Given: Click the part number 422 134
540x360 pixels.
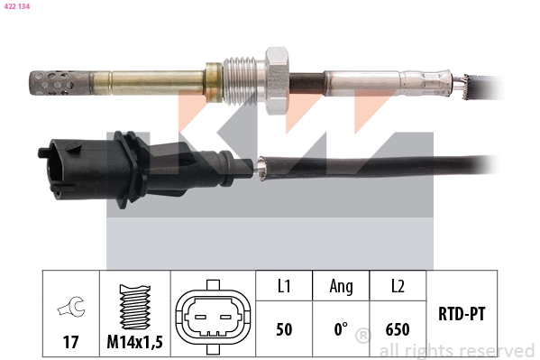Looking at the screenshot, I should (18, 5).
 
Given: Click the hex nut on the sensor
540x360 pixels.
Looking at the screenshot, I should (274, 70).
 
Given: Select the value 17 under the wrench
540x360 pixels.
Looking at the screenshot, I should (70, 343).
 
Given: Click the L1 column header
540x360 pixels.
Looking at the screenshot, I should (283, 286).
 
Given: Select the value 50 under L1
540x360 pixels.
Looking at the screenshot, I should (283, 329).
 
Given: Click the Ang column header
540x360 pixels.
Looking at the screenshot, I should (341, 286).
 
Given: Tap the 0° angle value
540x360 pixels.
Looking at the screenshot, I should (341, 329).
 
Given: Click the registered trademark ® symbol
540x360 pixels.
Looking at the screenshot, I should (362, 337).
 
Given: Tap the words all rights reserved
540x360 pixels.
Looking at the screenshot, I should (456, 350).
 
